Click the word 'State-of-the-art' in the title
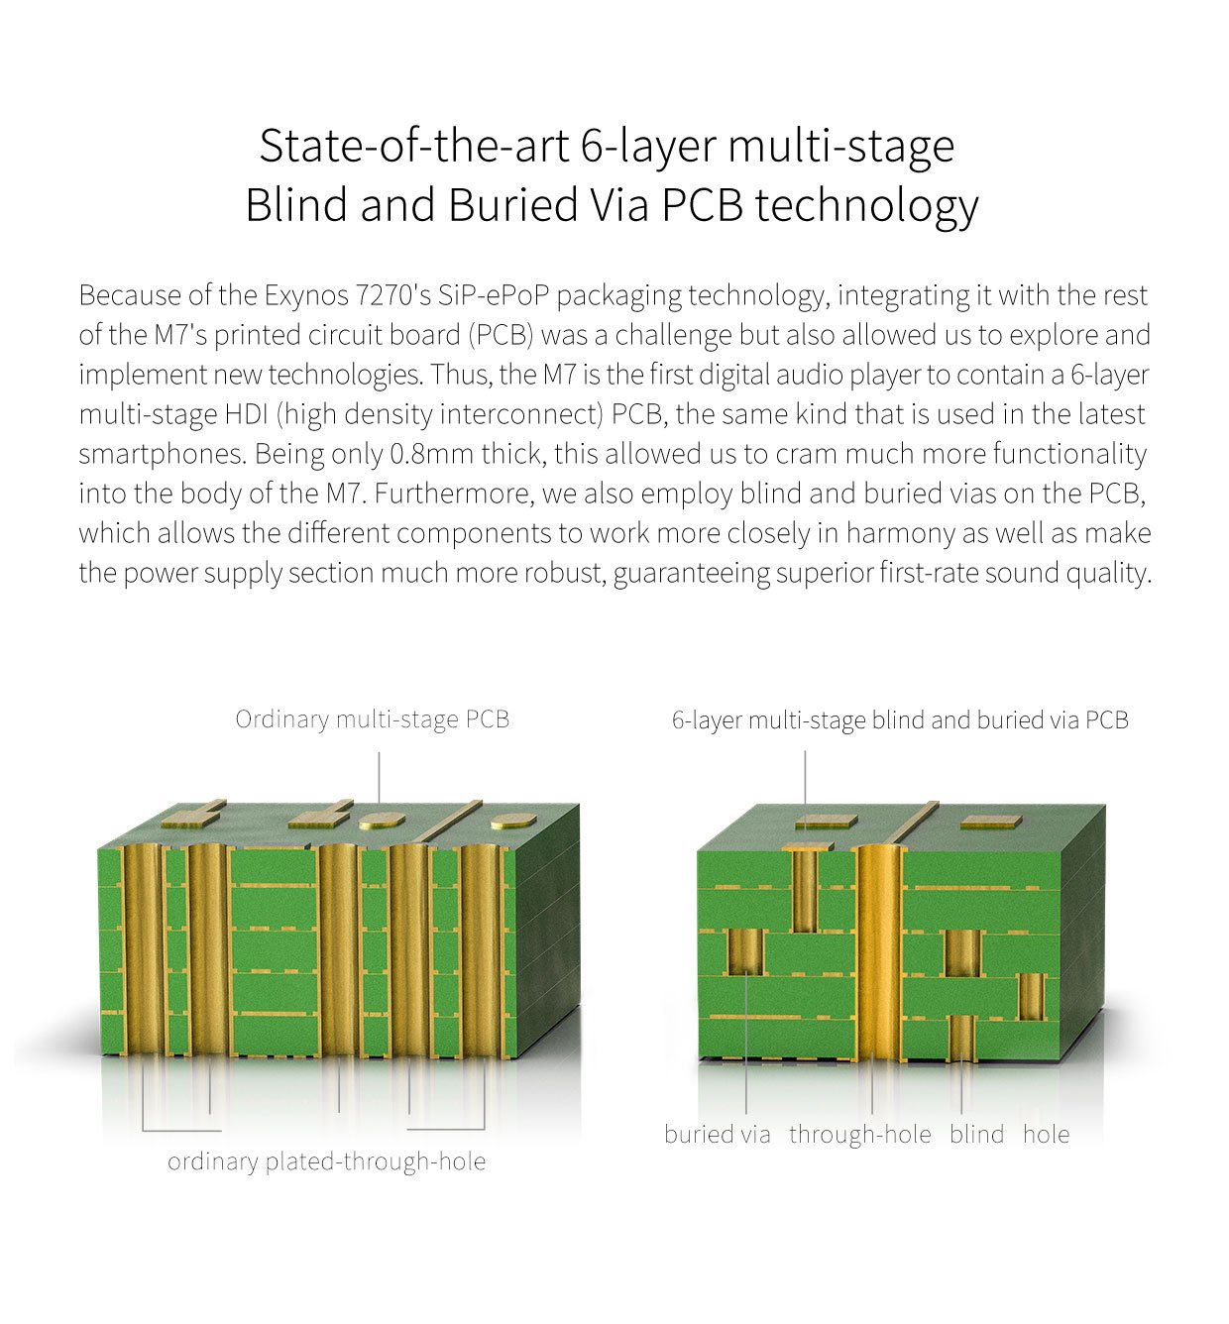pos(413,147)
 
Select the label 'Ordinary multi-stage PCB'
pos(372,720)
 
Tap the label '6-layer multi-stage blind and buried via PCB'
pos(900,720)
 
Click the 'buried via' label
pos(717,1134)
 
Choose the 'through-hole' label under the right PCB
pos(860,1135)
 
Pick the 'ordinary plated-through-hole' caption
pos(326,1162)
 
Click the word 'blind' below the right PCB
pos(977,1134)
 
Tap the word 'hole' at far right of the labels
pos(1047,1134)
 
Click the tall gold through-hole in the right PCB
pos(878,953)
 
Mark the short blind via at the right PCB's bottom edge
pos(961,1038)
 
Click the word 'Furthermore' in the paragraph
pos(454,494)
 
